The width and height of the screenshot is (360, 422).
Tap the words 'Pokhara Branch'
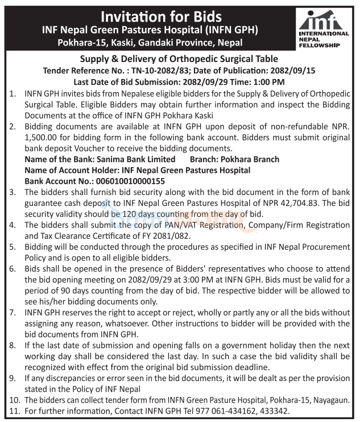click(250, 159)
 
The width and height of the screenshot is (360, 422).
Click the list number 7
click(13, 312)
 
